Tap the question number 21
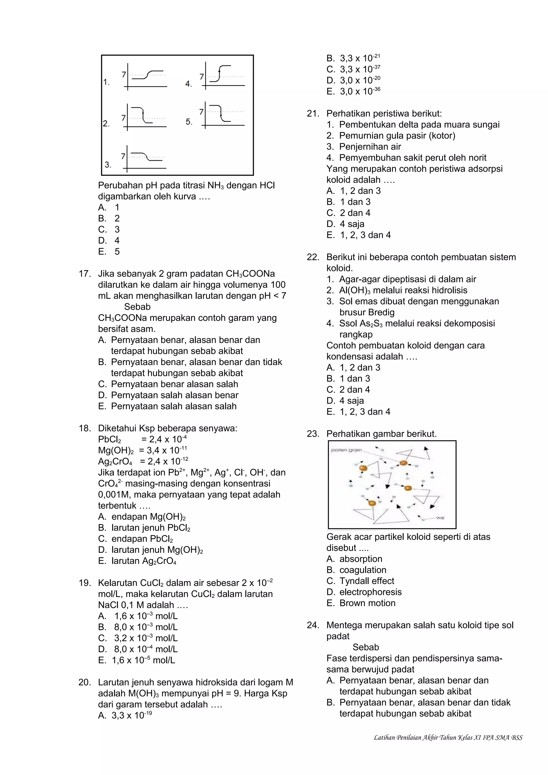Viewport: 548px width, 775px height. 313,114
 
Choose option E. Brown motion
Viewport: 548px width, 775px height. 361,603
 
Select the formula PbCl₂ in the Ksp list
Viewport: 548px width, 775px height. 109,439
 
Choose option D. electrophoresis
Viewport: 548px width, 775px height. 364,592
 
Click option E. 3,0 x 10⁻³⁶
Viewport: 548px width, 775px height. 353,91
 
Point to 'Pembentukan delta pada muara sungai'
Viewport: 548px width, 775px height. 419,125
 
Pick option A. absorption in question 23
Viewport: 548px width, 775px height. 354,559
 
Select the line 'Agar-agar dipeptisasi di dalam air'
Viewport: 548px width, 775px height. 408,279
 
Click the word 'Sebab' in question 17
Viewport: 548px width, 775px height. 137,307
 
